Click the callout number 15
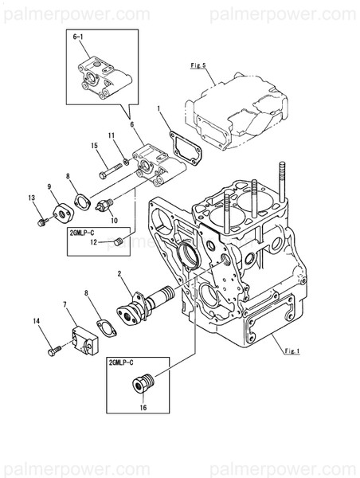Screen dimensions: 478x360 94,145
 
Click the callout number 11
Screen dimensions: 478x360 112,135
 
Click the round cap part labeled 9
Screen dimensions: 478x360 60,213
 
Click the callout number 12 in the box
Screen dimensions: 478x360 93,243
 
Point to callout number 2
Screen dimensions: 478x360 119,275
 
